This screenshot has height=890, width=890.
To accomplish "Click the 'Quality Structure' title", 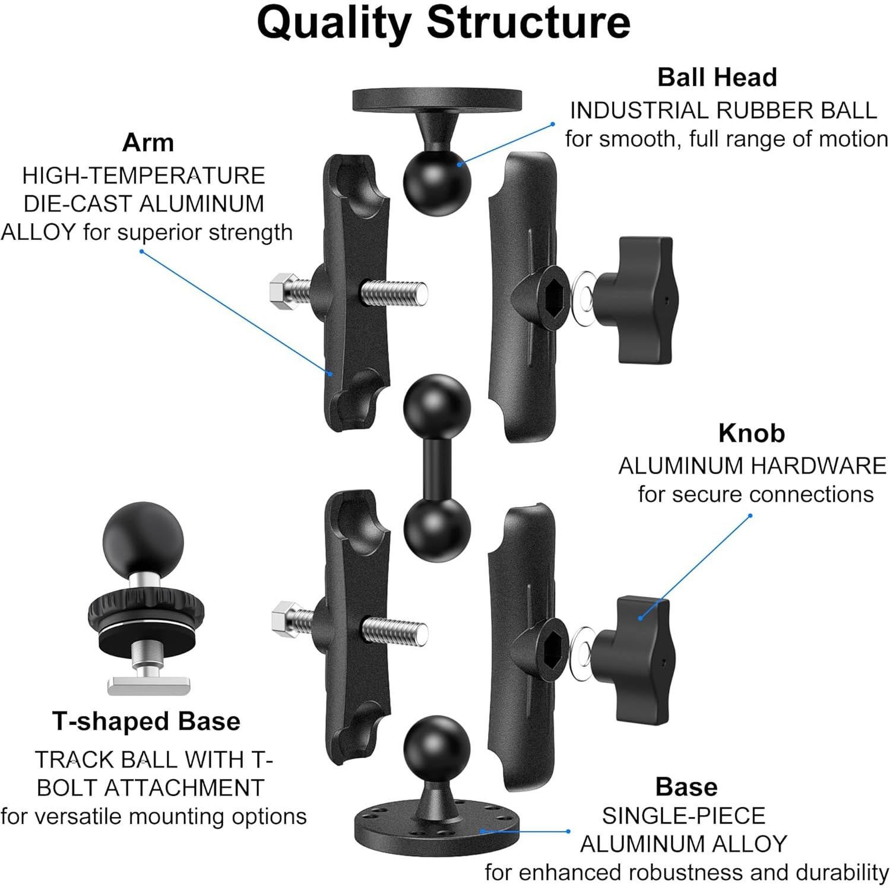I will click(444, 23).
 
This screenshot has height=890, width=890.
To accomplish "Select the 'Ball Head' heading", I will click(717, 77).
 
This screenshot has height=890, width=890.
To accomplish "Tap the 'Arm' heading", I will click(148, 142).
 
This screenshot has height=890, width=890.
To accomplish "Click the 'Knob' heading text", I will click(751, 433).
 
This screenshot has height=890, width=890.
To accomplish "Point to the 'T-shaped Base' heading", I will click(146, 721).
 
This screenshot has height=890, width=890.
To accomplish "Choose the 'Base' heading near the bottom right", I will click(686, 787).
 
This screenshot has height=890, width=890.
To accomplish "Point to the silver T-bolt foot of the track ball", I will click(148, 686).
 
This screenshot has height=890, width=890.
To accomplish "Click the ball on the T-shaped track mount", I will click(142, 540).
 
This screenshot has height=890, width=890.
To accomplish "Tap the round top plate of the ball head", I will click(437, 100).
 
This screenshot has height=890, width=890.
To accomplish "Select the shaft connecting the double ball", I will click(437, 469).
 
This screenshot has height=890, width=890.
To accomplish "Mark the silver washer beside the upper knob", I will click(584, 294).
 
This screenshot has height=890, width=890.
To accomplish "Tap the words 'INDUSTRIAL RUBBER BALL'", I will click(723, 110).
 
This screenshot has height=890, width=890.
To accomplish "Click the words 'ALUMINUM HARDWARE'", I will click(752, 466).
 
